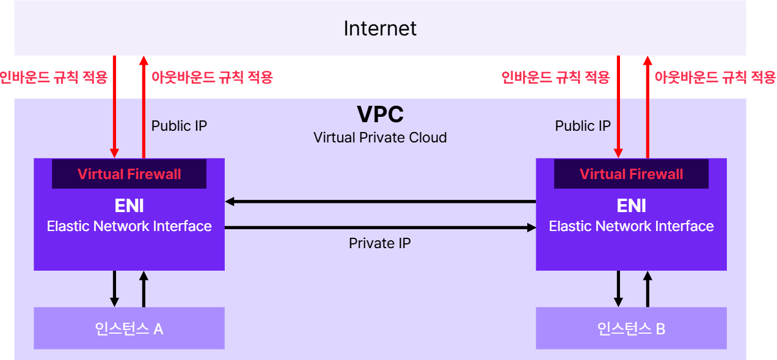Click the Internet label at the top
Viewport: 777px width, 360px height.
click(x=380, y=29)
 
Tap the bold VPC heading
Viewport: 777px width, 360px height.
click(x=380, y=114)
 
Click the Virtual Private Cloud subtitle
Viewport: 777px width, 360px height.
click(x=380, y=138)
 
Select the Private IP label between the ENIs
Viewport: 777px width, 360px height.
click(x=380, y=243)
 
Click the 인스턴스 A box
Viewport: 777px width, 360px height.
click(x=129, y=328)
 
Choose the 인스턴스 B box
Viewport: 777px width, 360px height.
click(x=631, y=328)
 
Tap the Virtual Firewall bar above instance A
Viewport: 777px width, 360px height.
click(x=129, y=174)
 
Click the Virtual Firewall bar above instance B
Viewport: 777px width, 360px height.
click(x=631, y=174)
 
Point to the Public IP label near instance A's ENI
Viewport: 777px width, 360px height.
click(x=179, y=126)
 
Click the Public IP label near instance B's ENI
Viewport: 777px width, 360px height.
click(x=583, y=126)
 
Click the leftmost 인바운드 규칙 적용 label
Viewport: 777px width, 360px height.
click(x=54, y=78)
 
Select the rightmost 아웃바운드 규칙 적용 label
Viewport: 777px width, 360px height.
click(x=715, y=78)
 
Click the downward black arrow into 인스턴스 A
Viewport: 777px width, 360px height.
click(x=114, y=288)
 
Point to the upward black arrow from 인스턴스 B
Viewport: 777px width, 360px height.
click(x=647, y=288)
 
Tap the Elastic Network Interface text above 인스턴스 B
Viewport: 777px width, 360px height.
click(x=631, y=226)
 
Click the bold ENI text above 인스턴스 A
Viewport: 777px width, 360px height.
click(x=129, y=206)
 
